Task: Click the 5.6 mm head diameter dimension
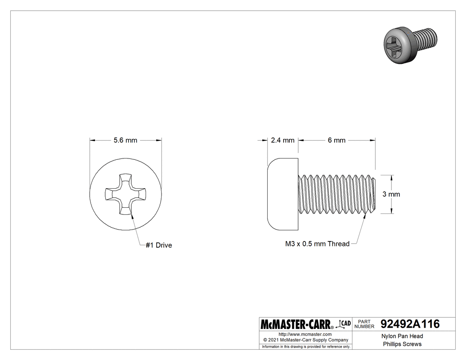click(x=125, y=140)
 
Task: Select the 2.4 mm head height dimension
click(x=283, y=140)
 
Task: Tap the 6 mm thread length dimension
click(x=336, y=140)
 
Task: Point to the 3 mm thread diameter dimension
click(x=391, y=194)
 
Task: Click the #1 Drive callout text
click(x=158, y=245)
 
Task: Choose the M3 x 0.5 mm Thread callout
click(x=317, y=244)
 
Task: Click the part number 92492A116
click(x=410, y=324)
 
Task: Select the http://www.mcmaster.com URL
click(x=305, y=334)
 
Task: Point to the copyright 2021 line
click(x=305, y=340)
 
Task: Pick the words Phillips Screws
click(x=403, y=344)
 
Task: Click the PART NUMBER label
click(x=364, y=324)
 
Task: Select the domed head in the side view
click(x=283, y=194)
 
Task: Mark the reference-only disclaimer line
click(x=306, y=347)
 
